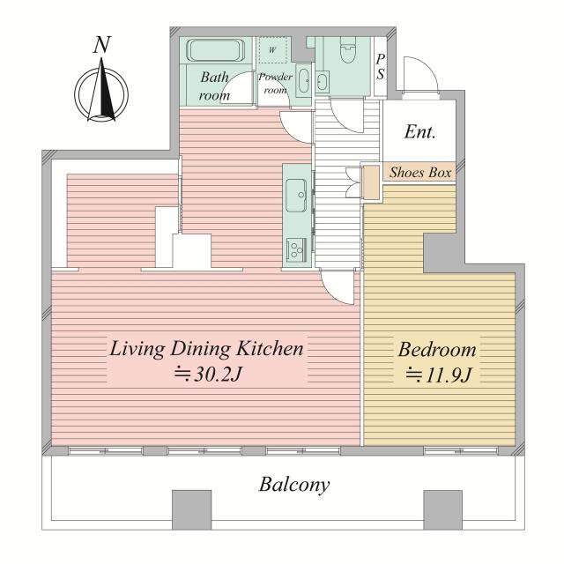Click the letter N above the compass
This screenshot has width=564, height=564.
pyautogui.click(x=102, y=45)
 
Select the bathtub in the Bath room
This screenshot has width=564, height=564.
pyautogui.click(x=215, y=50)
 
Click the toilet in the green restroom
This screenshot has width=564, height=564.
pyautogui.click(x=347, y=50)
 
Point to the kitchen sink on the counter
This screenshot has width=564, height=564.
pyautogui.click(x=296, y=195)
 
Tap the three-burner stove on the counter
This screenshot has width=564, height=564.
pyautogui.click(x=296, y=249)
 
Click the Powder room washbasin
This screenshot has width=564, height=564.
pyautogui.click(x=303, y=80)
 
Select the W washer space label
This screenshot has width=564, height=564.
pyautogui.click(x=272, y=50)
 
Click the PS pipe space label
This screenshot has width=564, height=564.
pyautogui.click(x=380, y=67)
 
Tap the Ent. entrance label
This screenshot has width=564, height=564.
pyautogui.click(x=419, y=131)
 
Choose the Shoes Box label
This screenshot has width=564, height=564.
pyautogui.click(x=420, y=173)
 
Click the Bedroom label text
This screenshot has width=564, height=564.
pyautogui.click(x=437, y=349)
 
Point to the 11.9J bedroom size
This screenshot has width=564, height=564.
pyautogui.click(x=438, y=376)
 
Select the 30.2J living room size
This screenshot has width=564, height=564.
pyautogui.click(x=207, y=375)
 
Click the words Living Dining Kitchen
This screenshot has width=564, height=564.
pyautogui.click(x=206, y=349)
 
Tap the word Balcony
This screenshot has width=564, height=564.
pyautogui.click(x=293, y=485)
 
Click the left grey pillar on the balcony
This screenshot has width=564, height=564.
pyautogui.click(x=191, y=509)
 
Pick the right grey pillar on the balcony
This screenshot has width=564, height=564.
pyautogui.click(x=442, y=509)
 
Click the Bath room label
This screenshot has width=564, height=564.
pyautogui.click(x=215, y=86)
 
